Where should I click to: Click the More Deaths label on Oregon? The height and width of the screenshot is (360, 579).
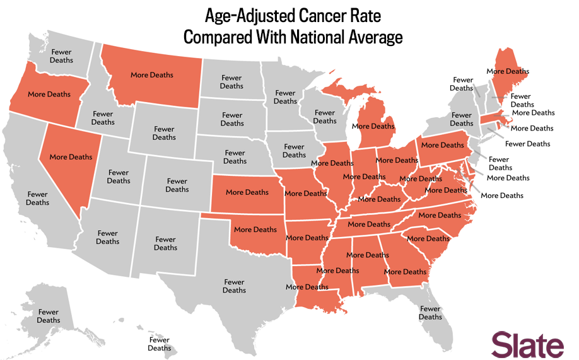pos(49,94)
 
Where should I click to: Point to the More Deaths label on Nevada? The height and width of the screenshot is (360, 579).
pos(71,157)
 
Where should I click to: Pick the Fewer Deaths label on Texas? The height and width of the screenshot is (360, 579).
pos(234,286)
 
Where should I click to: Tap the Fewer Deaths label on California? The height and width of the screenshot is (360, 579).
pos(37,199)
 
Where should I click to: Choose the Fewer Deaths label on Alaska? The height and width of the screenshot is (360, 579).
pos(49,316)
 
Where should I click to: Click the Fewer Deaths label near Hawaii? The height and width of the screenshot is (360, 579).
pos(160,344)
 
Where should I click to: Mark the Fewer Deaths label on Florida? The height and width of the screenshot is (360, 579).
pos(430,313)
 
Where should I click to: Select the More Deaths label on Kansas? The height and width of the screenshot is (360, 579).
pos(247,192)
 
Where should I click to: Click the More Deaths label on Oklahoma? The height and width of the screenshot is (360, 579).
pos(255,229)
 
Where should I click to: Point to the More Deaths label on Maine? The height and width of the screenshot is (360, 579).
pos(508,71)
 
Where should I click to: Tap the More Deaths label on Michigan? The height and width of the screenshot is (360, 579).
pos(373,126)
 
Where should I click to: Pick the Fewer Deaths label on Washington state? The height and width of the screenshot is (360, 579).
pos(62,56)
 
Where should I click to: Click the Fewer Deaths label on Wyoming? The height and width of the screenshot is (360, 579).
pos(164,133)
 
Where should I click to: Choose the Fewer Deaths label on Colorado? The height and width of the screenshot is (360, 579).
pos(177,185)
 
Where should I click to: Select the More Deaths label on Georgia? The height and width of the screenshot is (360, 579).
pos(406,272)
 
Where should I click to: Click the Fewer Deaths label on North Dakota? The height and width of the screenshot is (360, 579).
pos(231,82)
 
